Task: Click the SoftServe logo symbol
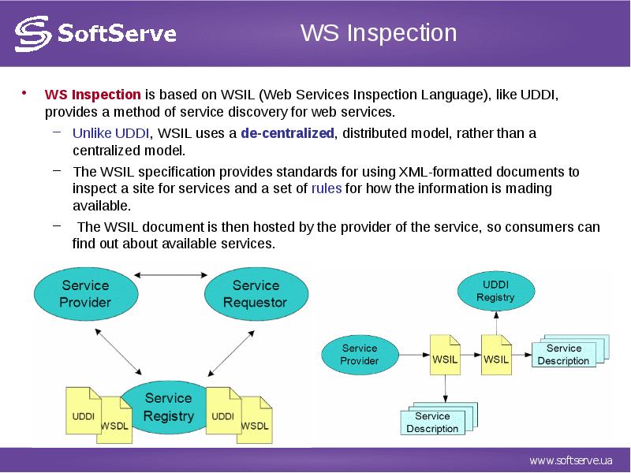coord(33,34)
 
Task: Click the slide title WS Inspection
coord(379,32)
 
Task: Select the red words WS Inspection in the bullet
coord(92,95)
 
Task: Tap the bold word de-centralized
coord(287,132)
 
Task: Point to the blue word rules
coord(327,188)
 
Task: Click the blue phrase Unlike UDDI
coord(110,132)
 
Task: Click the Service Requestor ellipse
coord(256,294)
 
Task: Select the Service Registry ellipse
coord(168,407)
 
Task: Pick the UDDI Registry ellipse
coord(496,291)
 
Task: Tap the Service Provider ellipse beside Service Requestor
coord(86,294)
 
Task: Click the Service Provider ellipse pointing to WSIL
coord(360,355)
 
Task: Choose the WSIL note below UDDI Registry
coord(496,356)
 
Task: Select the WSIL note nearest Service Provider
coord(445,356)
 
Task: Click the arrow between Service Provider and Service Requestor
coord(170,275)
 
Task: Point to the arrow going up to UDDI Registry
coord(496,323)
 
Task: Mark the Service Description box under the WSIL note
coord(439,419)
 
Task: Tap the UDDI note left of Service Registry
coord(84,411)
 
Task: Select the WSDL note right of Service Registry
coord(254,420)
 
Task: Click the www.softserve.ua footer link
coord(570,460)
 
